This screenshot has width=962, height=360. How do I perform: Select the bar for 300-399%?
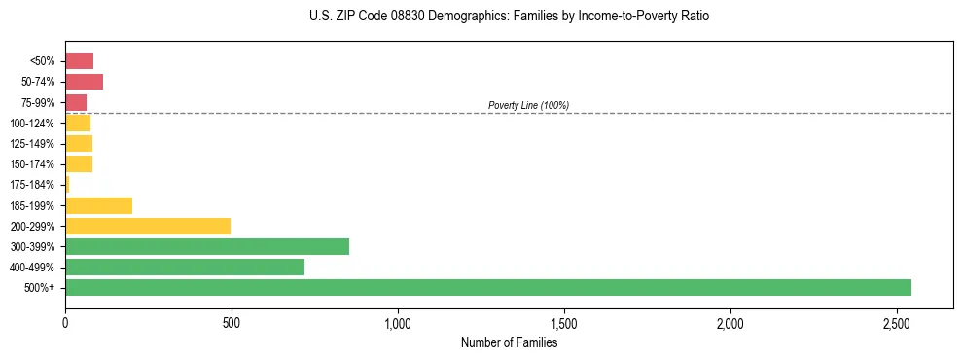point(207,246)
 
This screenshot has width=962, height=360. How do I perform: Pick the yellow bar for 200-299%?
point(148,226)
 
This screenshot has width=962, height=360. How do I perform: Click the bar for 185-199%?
point(98,205)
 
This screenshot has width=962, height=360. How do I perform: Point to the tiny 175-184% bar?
point(67,185)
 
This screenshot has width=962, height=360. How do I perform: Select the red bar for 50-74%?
point(84,82)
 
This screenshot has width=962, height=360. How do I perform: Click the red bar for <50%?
point(79,61)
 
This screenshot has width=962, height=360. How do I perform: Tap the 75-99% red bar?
point(76,102)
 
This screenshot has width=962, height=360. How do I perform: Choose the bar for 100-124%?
point(78,123)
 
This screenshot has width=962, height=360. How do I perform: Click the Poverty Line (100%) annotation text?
point(528,105)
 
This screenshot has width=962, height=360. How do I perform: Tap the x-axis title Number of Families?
point(509,342)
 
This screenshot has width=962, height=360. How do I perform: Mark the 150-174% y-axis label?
point(32,164)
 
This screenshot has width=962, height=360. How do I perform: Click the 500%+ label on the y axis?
point(40,288)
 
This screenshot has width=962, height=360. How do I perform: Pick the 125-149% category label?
point(32,144)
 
